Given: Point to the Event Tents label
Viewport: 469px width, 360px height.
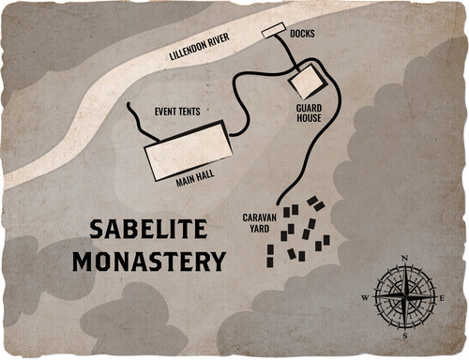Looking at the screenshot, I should point(177,112).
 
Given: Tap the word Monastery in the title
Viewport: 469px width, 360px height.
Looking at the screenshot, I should point(150,259).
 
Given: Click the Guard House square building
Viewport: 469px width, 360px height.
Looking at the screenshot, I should point(304,82).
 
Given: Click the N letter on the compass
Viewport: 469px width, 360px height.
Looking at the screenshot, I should point(404,257).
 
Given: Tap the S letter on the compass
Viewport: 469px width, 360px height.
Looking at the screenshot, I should point(404,335).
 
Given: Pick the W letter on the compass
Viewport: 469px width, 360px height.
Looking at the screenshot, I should point(366,297).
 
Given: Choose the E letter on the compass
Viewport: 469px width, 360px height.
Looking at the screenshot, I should point(443,296).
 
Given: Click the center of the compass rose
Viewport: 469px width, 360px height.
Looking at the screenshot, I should point(404,296).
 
